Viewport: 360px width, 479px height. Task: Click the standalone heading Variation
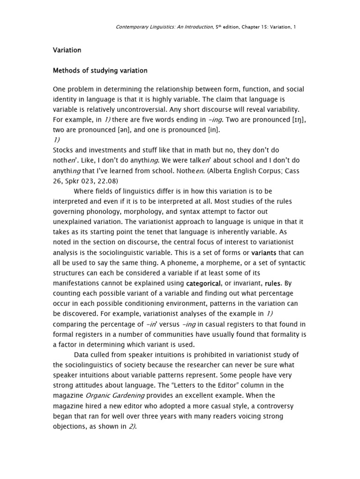point(67,50)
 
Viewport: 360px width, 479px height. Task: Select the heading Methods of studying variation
point(100,71)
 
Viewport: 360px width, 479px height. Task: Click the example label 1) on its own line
point(57,140)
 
